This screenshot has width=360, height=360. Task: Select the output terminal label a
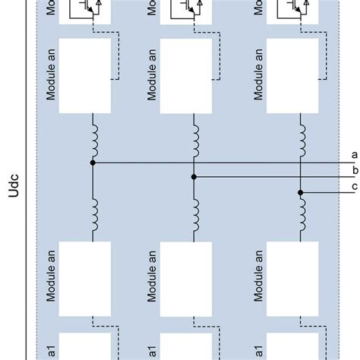(x=354, y=155)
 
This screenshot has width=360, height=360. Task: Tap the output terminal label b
(x=354, y=171)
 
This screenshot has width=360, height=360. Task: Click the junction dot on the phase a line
(x=93, y=163)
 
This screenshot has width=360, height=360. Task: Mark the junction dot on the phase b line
(x=194, y=176)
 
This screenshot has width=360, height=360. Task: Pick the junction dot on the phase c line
(x=300, y=192)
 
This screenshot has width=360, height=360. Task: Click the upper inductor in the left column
(x=95, y=136)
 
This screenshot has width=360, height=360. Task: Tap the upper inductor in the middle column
(x=196, y=136)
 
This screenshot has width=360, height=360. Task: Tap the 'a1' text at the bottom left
(x=52, y=346)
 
